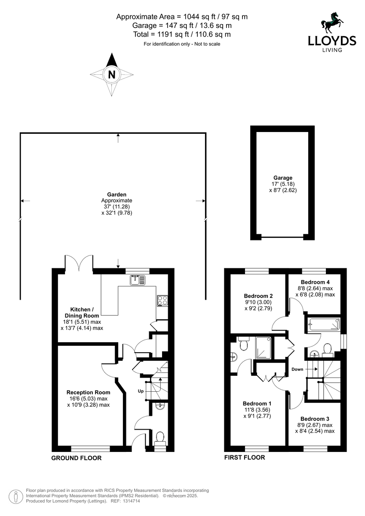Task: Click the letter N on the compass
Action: point(112,75)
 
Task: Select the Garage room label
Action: point(283,178)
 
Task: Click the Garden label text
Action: point(117,195)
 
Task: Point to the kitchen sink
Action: point(138,280)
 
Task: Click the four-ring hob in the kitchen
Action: point(163,301)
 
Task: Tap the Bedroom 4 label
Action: point(315,282)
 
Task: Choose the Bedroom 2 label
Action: point(258,296)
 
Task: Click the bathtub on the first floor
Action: point(324,324)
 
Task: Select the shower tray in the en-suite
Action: point(264,347)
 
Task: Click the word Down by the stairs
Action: point(298,369)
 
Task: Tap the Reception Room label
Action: point(89,393)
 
